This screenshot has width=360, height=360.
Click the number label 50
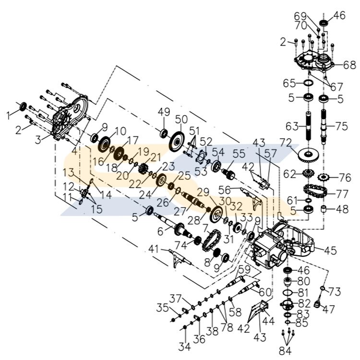pyautogui.click(x=181, y=119)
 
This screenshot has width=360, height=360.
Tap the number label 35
pyautogui.click(x=164, y=308)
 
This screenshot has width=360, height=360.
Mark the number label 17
pyautogui.click(x=133, y=140)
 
